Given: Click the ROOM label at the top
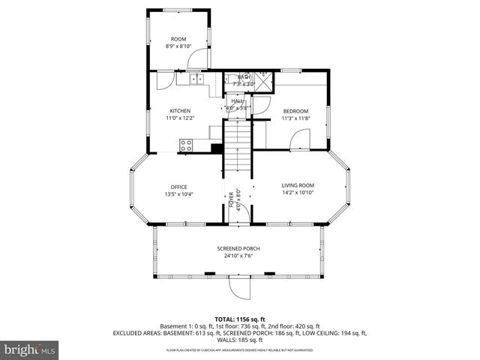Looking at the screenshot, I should tap(178, 39).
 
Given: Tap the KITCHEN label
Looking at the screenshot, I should tap(180, 111).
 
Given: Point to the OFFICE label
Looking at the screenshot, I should tap(178, 187).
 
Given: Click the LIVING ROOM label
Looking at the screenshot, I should tap(298, 185).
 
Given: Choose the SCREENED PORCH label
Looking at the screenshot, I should tap(238, 249).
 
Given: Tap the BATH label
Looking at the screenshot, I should tap(244, 77).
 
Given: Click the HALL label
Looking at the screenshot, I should tap(237, 100).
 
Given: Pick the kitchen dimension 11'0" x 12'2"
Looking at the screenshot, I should tap(180, 118).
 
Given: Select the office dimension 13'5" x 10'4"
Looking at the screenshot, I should tap(178, 194).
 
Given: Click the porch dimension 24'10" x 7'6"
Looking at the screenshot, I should tap(238, 256).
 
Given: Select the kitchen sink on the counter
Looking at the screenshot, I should tap(197, 78).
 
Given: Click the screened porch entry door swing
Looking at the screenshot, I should tap(239, 287).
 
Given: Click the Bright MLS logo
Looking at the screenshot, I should tap(30, 349).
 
